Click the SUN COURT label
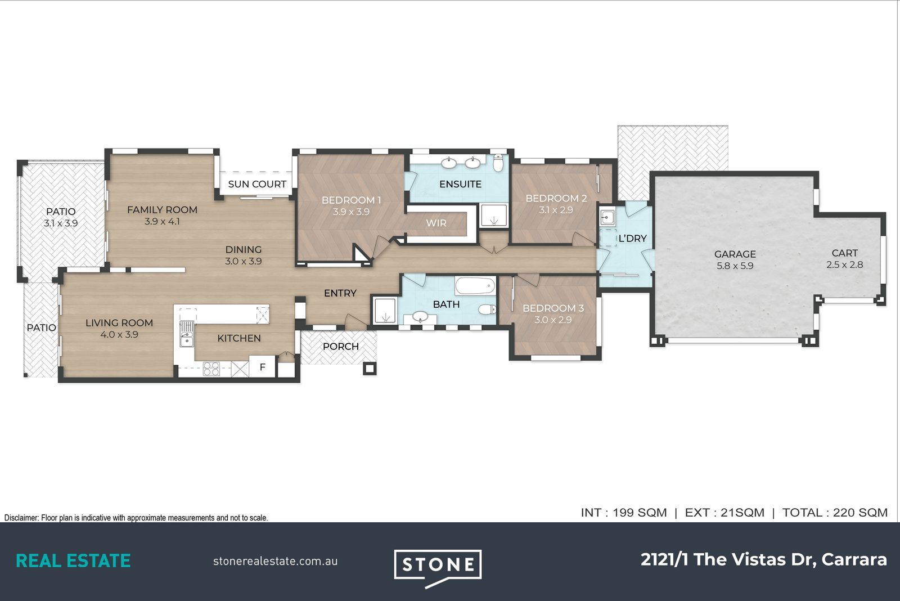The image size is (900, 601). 257,184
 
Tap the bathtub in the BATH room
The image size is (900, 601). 475,286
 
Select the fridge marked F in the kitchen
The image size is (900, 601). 262,366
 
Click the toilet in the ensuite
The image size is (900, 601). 498,163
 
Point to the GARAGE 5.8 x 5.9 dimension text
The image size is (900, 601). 735,266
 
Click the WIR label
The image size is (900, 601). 436,223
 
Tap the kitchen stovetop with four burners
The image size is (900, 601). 211,369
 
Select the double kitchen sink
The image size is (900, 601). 186,334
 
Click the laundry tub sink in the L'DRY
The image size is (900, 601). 607,217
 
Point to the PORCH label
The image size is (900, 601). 341,347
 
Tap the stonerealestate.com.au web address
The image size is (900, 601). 275,561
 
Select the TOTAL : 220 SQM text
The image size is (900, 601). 835,513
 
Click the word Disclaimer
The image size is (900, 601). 21,518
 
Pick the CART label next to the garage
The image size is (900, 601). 844,253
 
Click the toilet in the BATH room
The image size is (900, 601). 487,309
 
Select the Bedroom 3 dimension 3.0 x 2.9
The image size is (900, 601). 553,320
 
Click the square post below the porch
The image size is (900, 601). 370,369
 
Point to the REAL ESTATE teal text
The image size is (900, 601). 73,561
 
